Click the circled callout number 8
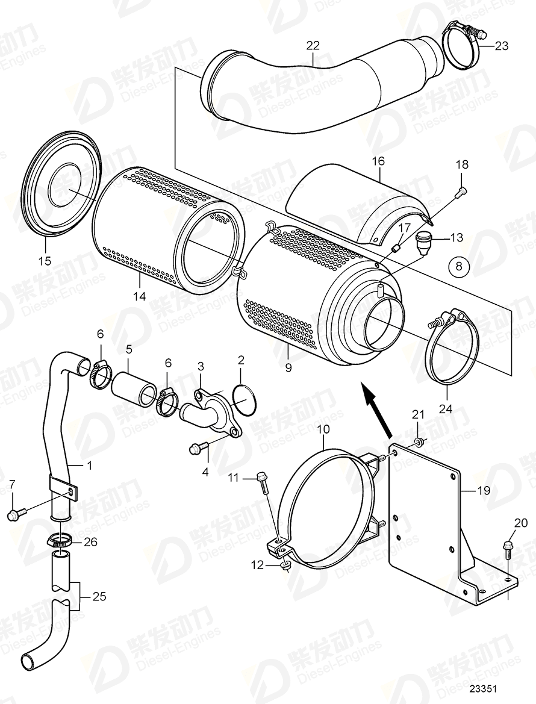(460, 266)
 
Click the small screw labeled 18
(461, 192)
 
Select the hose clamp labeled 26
(61, 538)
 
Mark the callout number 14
(140, 296)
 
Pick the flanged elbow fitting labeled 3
(214, 410)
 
